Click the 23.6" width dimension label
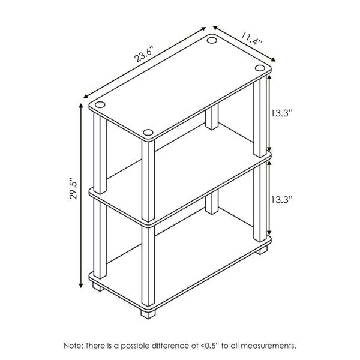pyautogui.click(x=143, y=55)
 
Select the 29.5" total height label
pyautogui.click(x=74, y=188)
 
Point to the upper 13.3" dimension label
pyautogui.click(x=282, y=113)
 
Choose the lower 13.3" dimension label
pyautogui.click(x=282, y=200)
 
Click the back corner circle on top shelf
pyautogui.click(x=211, y=40)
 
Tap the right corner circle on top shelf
pyautogui.click(x=260, y=68)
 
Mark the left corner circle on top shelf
pyautogui.click(x=100, y=104)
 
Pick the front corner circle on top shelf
pyautogui.click(x=148, y=133)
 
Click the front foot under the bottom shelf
pyautogui.click(x=148, y=314)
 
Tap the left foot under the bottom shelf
pyautogui.click(x=98, y=287)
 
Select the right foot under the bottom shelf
pyautogui.click(x=262, y=250)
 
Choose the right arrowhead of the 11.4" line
pyautogui.click(x=273, y=60)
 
